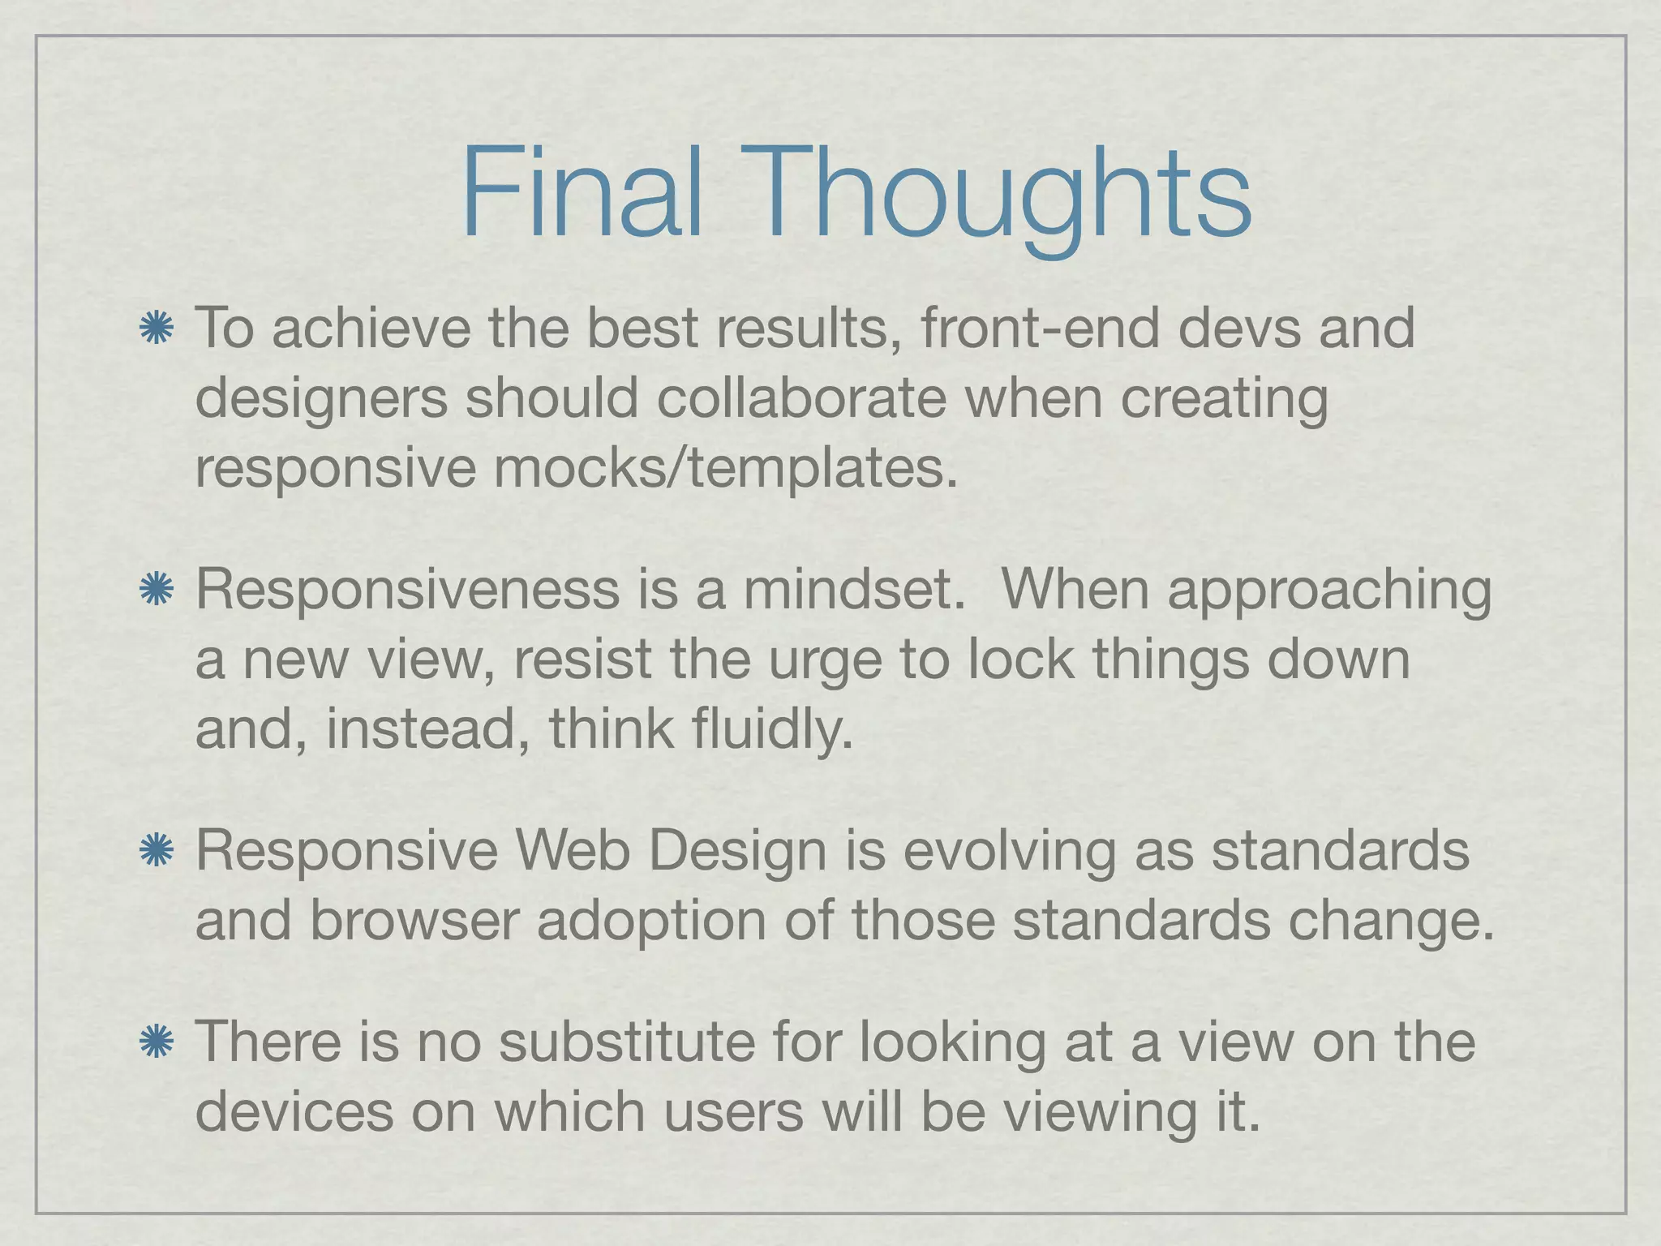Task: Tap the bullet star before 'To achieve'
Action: (157, 329)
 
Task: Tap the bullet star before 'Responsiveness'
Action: (157, 590)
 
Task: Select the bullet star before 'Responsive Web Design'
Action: (157, 851)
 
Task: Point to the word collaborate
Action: (801, 399)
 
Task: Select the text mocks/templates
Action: (725, 470)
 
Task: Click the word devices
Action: (294, 1112)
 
